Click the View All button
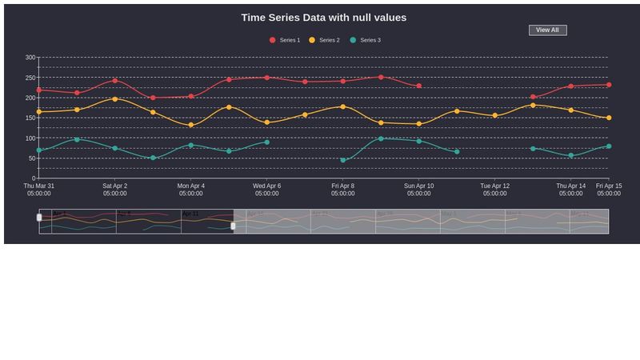(x=547, y=30)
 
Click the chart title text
(x=323, y=18)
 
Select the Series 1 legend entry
(x=285, y=40)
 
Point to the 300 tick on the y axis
(x=30, y=58)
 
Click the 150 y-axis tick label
(x=30, y=118)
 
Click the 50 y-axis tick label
(x=32, y=158)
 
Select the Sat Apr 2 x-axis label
(x=114, y=190)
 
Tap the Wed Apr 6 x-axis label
(x=266, y=190)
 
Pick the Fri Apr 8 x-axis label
(x=342, y=190)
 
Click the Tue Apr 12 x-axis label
(x=494, y=190)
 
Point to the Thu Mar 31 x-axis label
(x=38, y=190)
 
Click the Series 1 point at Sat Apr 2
(x=114, y=81)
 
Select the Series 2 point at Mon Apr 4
(x=190, y=125)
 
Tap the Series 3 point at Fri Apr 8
(x=342, y=160)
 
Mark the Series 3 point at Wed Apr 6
(x=266, y=142)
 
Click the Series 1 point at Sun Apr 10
(x=418, y=86)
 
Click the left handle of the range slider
(x=39, y=218)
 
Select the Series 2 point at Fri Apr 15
(x=609, y=118)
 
